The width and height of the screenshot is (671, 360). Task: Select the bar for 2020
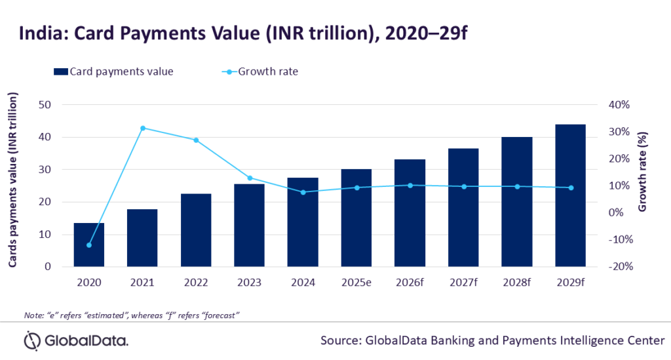click(x=88, y=245)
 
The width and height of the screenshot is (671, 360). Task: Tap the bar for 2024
click(x=303, y=222)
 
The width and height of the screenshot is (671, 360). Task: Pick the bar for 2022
click(x=195, y=230)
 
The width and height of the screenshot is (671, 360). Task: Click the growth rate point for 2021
click(x=142, y=128)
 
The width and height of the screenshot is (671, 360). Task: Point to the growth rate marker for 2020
click(x=88, y=245)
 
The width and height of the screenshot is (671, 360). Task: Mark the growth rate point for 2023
click(x=249, y=178)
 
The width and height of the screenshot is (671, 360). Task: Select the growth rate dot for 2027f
click(x=463, y=187)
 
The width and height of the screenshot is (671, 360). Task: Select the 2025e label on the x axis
click(x=356, y=283)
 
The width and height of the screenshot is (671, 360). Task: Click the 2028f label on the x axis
click(x=516, y=283)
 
